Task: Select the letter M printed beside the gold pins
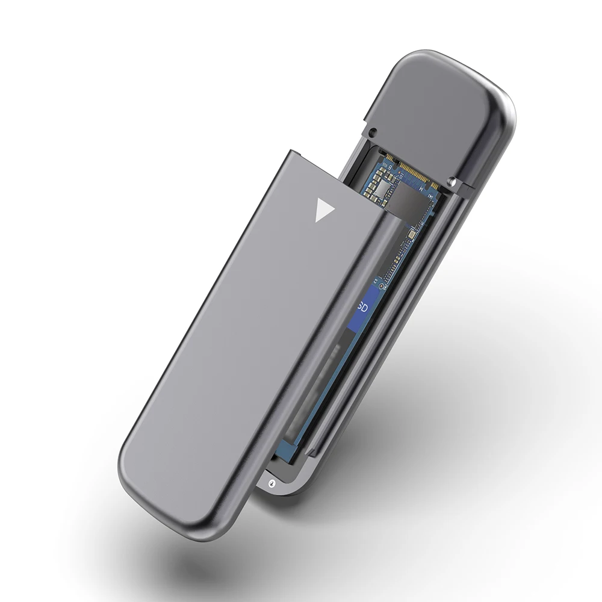click(x=421, y=188)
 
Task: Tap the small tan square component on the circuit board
click(x=412, y=234)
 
